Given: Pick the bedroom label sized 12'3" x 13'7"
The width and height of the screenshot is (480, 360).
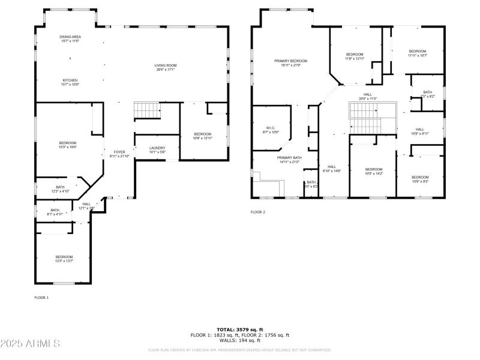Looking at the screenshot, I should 64,259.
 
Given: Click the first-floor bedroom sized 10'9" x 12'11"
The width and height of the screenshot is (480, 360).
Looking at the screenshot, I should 202,136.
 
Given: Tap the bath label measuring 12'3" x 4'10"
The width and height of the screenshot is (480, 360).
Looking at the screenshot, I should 60,189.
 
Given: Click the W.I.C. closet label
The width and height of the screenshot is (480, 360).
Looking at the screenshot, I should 269,130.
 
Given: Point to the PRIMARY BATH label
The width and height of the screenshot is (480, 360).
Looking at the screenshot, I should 289,159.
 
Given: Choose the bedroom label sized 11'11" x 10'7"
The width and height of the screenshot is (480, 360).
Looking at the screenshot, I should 417,53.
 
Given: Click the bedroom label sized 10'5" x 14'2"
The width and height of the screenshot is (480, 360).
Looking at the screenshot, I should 373,171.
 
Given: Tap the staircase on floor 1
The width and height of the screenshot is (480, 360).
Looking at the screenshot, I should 146,110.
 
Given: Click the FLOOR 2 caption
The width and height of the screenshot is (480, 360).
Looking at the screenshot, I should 257,212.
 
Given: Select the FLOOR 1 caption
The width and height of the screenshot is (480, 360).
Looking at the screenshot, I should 41,297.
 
